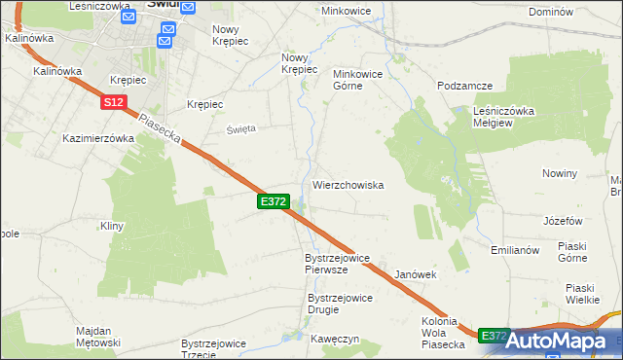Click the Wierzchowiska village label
click(x=348, y=184)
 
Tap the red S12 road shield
click(x=113, y=101)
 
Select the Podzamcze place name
click(x=461, y=87)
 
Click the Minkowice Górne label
click(x=361, y=80)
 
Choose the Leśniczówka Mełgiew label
click(x=503, y=117)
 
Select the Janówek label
click(x=415, y=274)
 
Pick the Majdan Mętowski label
click(x=98, y=337)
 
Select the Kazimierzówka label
click(x=98, y=138)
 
